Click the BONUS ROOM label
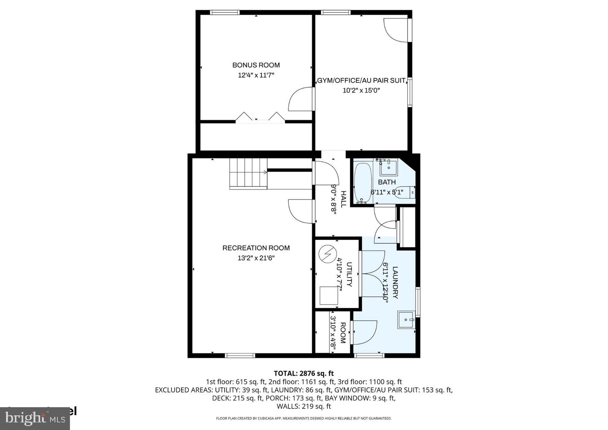[x=256, y=65]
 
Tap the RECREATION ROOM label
[x=256, y=248]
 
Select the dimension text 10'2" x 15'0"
[x=361, y=90]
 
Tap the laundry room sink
[x=406, y=320]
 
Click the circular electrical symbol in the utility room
[x=326, y=254]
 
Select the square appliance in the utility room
[x=329, y=295]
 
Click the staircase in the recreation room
[x=248, y=173]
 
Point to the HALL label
[x=343, y=199]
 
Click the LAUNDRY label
[x=395, y=282]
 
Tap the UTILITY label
[x=349, y=275]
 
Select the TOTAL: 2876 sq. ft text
[x=304, y=373]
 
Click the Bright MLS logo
[x=36, y=418]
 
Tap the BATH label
[x=387, y=182]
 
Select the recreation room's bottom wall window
[x=240, y=355]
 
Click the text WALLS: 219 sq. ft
[x=304, y=406]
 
